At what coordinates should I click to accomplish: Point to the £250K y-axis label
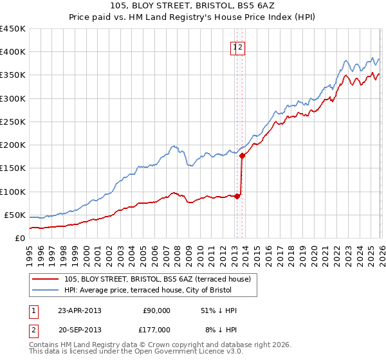pos(13,122)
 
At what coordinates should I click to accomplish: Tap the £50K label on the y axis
pos(15,215)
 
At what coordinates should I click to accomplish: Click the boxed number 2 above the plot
pos(241,46)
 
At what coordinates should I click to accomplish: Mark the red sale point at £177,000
pos(242,155)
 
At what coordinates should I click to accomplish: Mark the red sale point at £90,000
pos(237,196)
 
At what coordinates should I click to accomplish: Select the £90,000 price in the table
pos(156,310)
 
